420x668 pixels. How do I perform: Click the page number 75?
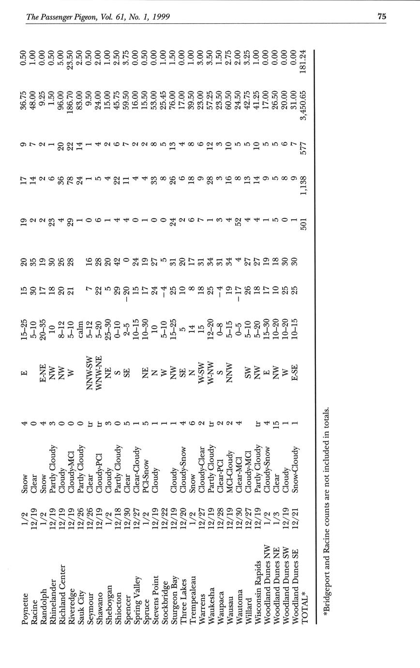[x=382, y=16]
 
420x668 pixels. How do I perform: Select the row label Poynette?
[x=26, y=607]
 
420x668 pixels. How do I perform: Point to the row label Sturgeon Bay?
[x=174, y=600]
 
